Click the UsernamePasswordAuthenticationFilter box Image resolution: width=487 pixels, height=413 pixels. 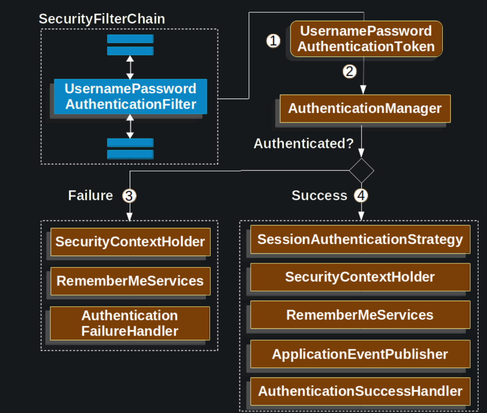pyautogui.click(x=130, y=96)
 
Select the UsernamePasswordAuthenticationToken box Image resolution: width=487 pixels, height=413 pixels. pyautogui.click(x=366, y=39)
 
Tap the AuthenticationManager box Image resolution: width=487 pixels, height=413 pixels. pyautogui.click(x=365, y=109)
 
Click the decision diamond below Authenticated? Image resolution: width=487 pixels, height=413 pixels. pyautogui.click(x=361, y=171)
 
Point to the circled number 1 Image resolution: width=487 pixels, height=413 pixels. pyautogui.click(x=273, y=41)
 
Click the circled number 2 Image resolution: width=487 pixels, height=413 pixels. pyautogui.click(x=349, y=71)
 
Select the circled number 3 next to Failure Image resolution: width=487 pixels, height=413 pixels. pyautogui.click(x=129, y=196)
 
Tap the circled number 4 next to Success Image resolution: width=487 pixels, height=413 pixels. pyautogui.click(x=361, y=195)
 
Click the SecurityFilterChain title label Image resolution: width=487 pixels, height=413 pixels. pyautogui.click(x=102, y=19)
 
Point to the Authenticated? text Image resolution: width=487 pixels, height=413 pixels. pyautogui.click(x=304, y=143)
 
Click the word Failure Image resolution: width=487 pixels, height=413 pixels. pyautogui.click(x=91, y=195)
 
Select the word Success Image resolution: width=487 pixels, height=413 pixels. pyautogui.click(x=319, y=195)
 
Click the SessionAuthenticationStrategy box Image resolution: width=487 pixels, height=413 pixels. pyautogui.click(x=360, y=239)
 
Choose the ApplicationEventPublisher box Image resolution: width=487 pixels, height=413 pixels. pyautogui.click(x=360, y=354)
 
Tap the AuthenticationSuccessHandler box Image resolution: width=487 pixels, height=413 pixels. pyautogui.click(x=360, y=391)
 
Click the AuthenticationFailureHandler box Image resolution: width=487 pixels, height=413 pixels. pyautogui.click(x=130, y=323)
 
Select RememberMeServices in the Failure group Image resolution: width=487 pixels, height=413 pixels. pyautogui.click(x=130, y=281)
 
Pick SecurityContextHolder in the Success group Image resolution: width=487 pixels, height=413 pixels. pyautogui.click(x=360, y=277)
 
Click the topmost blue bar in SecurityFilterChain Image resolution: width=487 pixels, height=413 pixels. pyautogui.click(x=130, y=39)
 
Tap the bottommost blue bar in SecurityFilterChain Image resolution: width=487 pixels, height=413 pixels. pyautogui.click(x=130, y=154)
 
